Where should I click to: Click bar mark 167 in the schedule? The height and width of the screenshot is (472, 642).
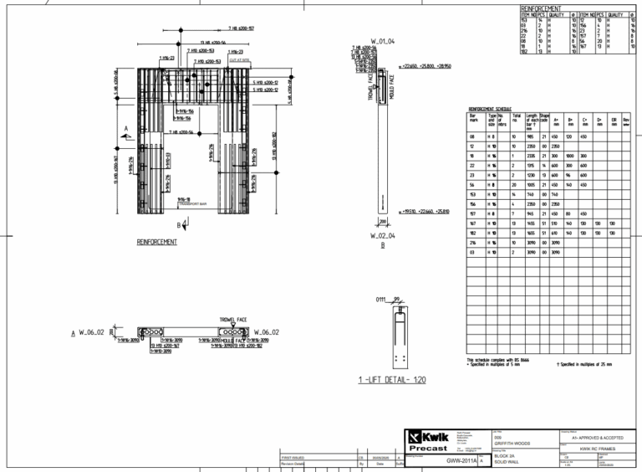click(472, 224)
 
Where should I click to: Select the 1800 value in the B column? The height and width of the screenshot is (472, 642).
click(570, 155)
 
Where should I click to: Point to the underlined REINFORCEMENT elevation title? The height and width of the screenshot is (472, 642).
click(156, 242)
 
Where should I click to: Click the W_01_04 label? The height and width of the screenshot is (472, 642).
click(382, 40)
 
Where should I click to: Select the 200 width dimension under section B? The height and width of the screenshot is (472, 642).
click(383, 222)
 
